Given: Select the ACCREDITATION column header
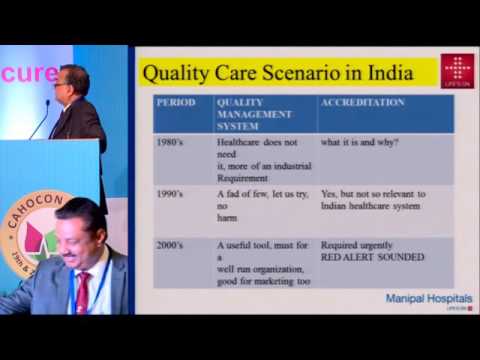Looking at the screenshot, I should (363, 102).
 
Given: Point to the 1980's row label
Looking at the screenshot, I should (169, 142).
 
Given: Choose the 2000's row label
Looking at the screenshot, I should (169, 244).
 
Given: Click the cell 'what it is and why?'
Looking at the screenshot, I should (359, 142).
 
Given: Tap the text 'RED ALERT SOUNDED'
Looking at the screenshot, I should (373, 257).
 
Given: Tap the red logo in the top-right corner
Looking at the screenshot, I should (458, 71).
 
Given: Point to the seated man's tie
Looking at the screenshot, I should (81, 296).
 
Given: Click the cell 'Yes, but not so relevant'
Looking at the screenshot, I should (373, 199).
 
